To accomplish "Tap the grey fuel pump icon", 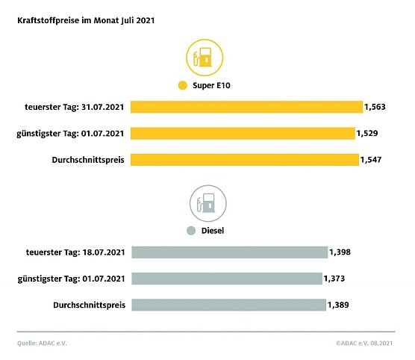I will [x=207, y=202].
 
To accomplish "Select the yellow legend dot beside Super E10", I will [x=181, y=86].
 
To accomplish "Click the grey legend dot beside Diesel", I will [x=191, y=231].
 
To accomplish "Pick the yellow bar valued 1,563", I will [x=246, y=107].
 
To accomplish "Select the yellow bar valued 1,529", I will [x=243, y=133].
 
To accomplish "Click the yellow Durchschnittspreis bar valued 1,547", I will [x=244, y=160].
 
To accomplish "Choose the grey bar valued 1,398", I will [x=229, y=252].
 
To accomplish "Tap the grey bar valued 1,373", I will [x=227, y=279].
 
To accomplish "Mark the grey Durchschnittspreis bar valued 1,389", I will [x=228, y=305].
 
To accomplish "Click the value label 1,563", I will [x=375, y=107].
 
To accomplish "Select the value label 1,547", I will [x=371, y=160].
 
